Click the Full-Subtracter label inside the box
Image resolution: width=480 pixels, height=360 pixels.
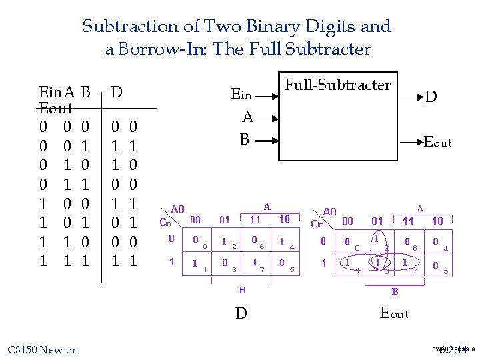(x=337, y=85)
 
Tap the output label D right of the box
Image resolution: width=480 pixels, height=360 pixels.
(x=431, y=97)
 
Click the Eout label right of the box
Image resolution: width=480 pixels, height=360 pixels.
(x=438, y=142)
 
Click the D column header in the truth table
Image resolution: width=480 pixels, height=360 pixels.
(x=117, y=93)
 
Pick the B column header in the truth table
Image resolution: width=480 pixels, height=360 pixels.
(x=85, y=93)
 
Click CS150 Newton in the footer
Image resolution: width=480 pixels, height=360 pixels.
(x=43, y=350)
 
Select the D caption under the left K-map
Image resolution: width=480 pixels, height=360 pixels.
(x=241, y=313)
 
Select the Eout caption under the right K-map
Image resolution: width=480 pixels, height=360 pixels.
(x=394, y=313)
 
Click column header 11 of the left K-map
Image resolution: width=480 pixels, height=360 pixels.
(x=255, y=219)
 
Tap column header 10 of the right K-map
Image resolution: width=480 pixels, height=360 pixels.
(x=437, y=221)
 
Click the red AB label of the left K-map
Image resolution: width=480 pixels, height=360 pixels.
(x=178, y=209)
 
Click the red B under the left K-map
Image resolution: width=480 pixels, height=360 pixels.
(x=243, y=290)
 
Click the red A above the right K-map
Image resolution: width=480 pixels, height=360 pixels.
(x=420, y=208)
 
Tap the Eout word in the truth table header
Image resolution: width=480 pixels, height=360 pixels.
(x=56, y=108)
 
